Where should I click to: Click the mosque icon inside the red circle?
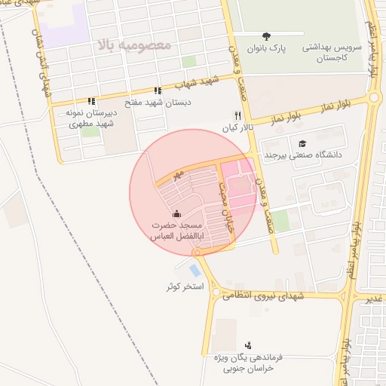pyautogui.click(x=176, y=214)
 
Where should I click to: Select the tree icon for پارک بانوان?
pyautogui.click(x=266, y=35)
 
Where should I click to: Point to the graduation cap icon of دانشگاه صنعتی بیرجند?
pyautogui.click(x=302, y=143)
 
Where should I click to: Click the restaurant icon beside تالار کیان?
pyautogui.click(x=238, y=116)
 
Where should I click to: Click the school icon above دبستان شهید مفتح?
pyautogui.click(x=157, y=90)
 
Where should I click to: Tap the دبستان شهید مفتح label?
pyautogui.click(x=157, y=102)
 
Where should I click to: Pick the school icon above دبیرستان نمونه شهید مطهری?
pyautogui.click(x=91, y=100)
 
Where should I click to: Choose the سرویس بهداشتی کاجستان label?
pyautogui.click(x=332, y=52)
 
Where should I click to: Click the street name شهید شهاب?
pyautogui.click(x=204, y=81)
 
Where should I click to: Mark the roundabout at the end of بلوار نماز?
pyautogui.click(x=374, y=97)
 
